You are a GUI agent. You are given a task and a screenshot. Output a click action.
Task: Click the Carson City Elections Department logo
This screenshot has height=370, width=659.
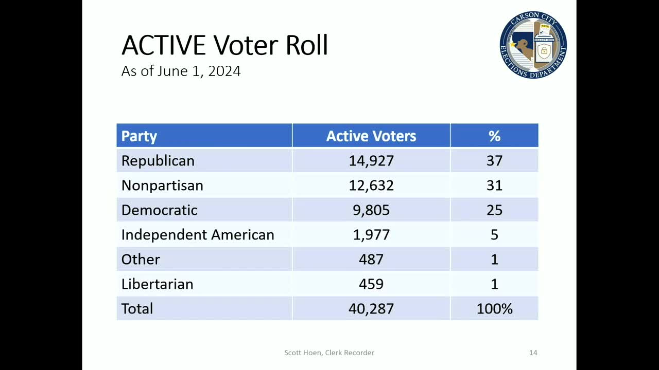coord(533,45)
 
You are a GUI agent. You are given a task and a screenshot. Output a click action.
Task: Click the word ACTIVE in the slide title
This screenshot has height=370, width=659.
coord(163,45)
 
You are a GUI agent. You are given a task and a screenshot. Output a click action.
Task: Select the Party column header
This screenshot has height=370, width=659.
coord(139,136)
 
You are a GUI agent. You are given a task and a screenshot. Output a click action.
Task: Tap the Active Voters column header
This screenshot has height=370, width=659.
coord(371,136)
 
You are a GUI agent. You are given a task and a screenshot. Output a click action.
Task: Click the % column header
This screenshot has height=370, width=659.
coord(494,136)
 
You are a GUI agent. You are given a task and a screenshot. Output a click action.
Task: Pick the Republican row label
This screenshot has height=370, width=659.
coord(158,161)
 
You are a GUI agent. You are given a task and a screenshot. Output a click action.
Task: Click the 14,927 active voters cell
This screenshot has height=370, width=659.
coord(371,161)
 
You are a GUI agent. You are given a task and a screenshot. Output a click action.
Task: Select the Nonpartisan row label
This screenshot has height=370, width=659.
coord(162,186)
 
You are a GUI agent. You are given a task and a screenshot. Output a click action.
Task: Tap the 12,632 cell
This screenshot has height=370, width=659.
coord(371,186)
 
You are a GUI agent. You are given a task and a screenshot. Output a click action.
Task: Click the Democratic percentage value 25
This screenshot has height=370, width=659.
coord(494,210)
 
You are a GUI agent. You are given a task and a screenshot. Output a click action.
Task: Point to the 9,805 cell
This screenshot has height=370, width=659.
coord(371,210)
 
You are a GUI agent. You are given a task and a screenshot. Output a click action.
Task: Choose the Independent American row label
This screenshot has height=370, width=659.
coord(198,235)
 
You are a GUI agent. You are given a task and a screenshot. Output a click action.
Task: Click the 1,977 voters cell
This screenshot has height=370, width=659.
coord(371,235)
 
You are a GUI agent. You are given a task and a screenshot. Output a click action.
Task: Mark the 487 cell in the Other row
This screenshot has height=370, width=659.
coord(371,260)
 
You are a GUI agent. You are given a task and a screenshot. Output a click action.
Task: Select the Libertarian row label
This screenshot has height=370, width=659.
coord(157,284)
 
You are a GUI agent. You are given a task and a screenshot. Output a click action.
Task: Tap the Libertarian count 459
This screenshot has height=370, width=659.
coord(371,284)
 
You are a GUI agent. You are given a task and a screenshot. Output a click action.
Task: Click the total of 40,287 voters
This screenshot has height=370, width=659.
coord(371,309)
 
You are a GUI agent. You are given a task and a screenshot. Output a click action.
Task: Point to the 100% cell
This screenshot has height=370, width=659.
coord(494,309)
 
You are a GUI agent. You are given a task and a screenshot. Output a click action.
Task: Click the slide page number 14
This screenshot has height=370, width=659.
coord(533,353)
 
